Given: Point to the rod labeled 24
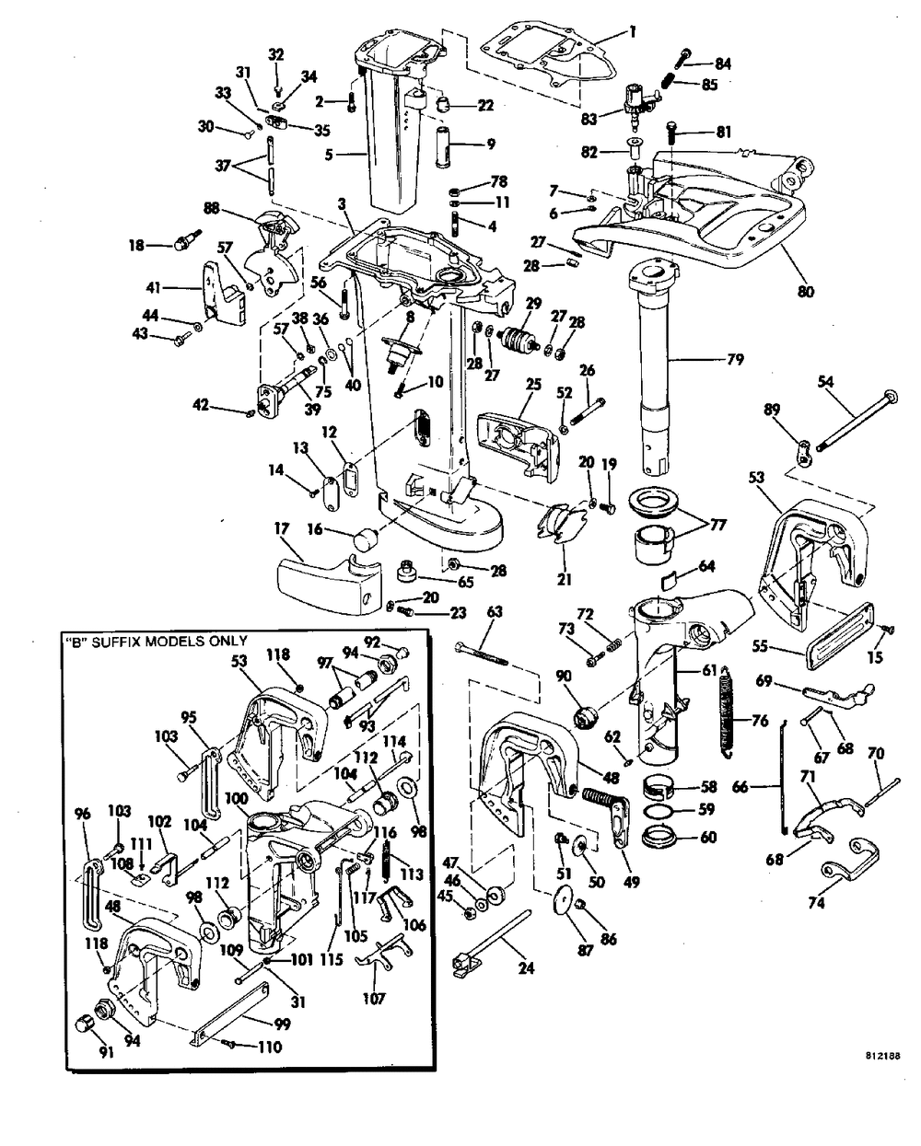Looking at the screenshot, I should [x=502, y=934].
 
